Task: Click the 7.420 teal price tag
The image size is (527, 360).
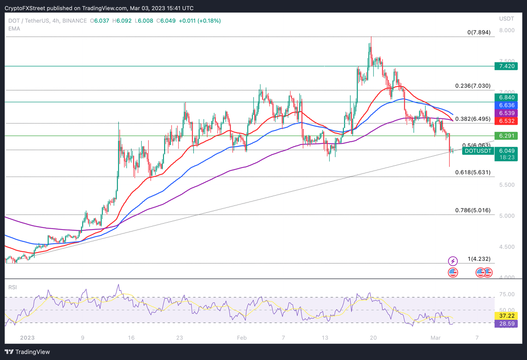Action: click(506, 66)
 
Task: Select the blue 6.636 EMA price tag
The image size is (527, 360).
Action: click(506, 105)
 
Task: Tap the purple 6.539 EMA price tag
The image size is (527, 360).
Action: click(506, 113)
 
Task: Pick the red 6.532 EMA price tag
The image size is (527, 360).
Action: click(506, 121)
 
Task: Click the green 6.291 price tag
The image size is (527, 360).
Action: click(506, 136)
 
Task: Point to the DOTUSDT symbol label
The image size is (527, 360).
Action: click(478, 151)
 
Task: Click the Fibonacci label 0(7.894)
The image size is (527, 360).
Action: click(479, 32)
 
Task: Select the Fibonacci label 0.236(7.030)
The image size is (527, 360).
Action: click(473, 86)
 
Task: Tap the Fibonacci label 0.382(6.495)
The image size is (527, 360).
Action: click(473, 119)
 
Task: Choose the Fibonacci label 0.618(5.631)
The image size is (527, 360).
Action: click(473, 172)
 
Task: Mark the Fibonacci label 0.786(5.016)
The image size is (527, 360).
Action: click(473, 210)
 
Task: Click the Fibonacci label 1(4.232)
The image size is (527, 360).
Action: click(479, 259)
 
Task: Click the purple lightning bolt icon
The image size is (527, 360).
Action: click(453, 261)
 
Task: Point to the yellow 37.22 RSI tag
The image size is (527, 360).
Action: click(506, 316)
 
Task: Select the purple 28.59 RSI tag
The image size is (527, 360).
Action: click(506, 324)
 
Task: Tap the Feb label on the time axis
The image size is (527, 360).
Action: click(242, 338)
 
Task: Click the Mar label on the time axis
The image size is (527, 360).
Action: click(435, 338)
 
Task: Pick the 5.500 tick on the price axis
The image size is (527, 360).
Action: click(507, 185)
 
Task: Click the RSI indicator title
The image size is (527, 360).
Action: click(13, 287)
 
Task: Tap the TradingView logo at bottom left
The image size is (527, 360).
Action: click(27, 352)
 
